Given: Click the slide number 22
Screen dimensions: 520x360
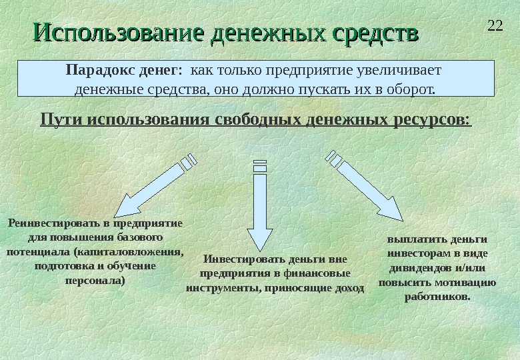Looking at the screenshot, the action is pyautogui.click(x=495, y=27).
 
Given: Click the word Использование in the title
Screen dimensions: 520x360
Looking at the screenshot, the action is pyautogui.click(x=119, y=33).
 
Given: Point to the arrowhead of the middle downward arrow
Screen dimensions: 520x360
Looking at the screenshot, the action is pyautogui.click(x=260, y=239).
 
